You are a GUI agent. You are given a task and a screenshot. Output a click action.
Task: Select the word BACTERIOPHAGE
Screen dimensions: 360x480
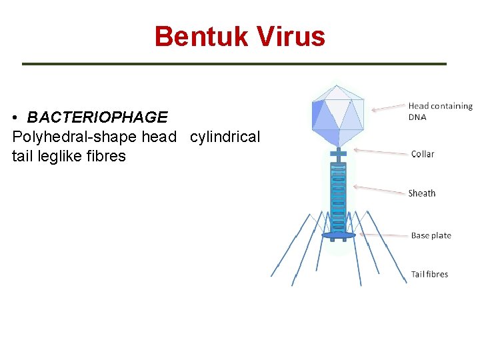coord(97,117)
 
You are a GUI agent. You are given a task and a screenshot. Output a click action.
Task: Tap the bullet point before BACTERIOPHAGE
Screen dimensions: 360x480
coord(15,118)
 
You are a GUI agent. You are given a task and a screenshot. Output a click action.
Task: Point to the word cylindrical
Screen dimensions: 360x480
coord(225,137)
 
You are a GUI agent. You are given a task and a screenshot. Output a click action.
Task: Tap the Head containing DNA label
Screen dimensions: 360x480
coord(439,111)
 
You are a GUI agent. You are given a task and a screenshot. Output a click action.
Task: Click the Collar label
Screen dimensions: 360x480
coord(423,154)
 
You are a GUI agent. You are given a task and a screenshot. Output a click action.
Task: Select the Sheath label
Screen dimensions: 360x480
coord(421,193)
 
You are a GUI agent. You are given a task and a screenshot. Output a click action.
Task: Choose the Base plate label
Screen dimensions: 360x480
coord(431,235)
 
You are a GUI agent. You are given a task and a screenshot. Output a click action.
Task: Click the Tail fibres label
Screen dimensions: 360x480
coord(429,274)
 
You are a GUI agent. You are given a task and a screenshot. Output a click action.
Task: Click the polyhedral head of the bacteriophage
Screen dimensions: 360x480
coord(337,114)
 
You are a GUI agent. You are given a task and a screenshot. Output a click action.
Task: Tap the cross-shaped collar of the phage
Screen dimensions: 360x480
coord(339,156)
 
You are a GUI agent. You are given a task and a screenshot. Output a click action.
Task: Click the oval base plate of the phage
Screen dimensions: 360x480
coord(339,235)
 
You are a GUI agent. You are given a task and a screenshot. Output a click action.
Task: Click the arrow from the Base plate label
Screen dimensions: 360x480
coord(383,235)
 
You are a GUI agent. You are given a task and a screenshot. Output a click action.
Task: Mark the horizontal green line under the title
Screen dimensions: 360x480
coord(234,64)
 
